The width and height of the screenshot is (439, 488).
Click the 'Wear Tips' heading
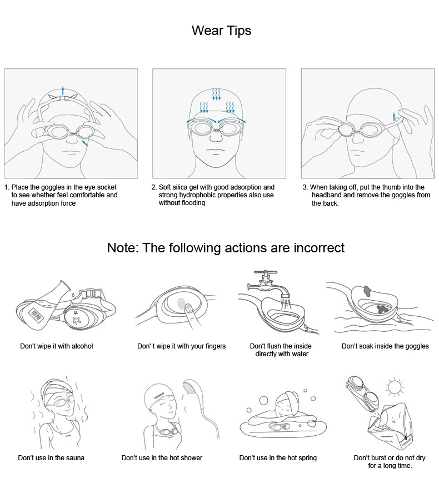(221, 31)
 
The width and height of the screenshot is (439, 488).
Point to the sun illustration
(395, 387)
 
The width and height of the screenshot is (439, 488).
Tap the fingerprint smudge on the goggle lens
(181, 303)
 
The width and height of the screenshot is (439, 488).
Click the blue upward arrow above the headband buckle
(63, 91)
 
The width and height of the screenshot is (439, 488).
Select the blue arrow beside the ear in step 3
(394, 117)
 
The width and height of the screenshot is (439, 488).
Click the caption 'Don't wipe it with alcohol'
(57, 346)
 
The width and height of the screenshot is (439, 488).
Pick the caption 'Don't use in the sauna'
(51, 458)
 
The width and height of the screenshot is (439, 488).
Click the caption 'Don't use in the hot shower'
(162, 458)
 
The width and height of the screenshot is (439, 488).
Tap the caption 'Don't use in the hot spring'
(278, 458)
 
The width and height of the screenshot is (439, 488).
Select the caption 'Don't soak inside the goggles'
(385, 346)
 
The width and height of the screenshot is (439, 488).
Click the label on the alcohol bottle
(37, 315)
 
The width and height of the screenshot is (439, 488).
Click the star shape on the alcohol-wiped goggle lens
(76, 320)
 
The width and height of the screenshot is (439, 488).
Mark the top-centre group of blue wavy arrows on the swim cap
(216, 94)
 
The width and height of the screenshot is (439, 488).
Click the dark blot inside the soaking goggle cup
(382, 309)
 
